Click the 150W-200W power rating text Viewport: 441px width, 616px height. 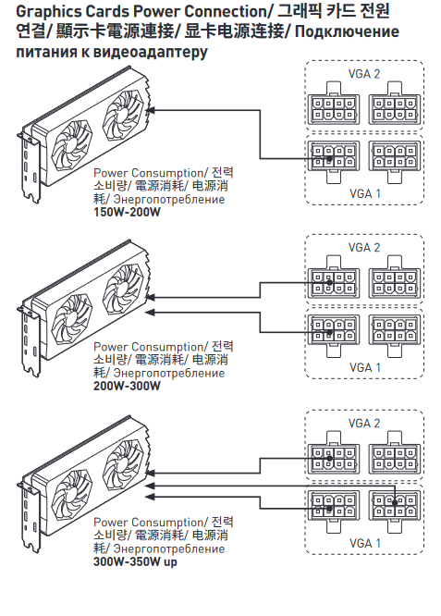pos(127,212)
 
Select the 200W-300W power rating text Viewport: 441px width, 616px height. pos(127,386)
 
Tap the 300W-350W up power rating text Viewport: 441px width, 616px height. pos(135,561)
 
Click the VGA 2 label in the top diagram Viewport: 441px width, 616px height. pos(364,74)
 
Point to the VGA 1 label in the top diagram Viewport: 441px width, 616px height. pos(365,193)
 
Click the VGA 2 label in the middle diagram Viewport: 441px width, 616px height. pos(364,248)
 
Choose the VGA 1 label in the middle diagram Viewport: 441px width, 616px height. pos(365,368)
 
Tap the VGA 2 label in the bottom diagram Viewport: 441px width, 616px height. pos(364,423)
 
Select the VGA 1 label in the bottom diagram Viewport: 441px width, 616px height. pos(365,543)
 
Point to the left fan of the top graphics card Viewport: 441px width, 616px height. pos(72,144)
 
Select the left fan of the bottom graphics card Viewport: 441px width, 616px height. pos(72,494)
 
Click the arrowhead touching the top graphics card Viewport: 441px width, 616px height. pos(150,110)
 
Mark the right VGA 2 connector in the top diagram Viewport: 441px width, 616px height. pos(394,104)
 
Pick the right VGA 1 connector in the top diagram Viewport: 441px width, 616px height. pos(394,162)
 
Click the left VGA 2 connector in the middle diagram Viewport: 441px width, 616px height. pos(334,277)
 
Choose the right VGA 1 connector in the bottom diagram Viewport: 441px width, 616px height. pos(394,511)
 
